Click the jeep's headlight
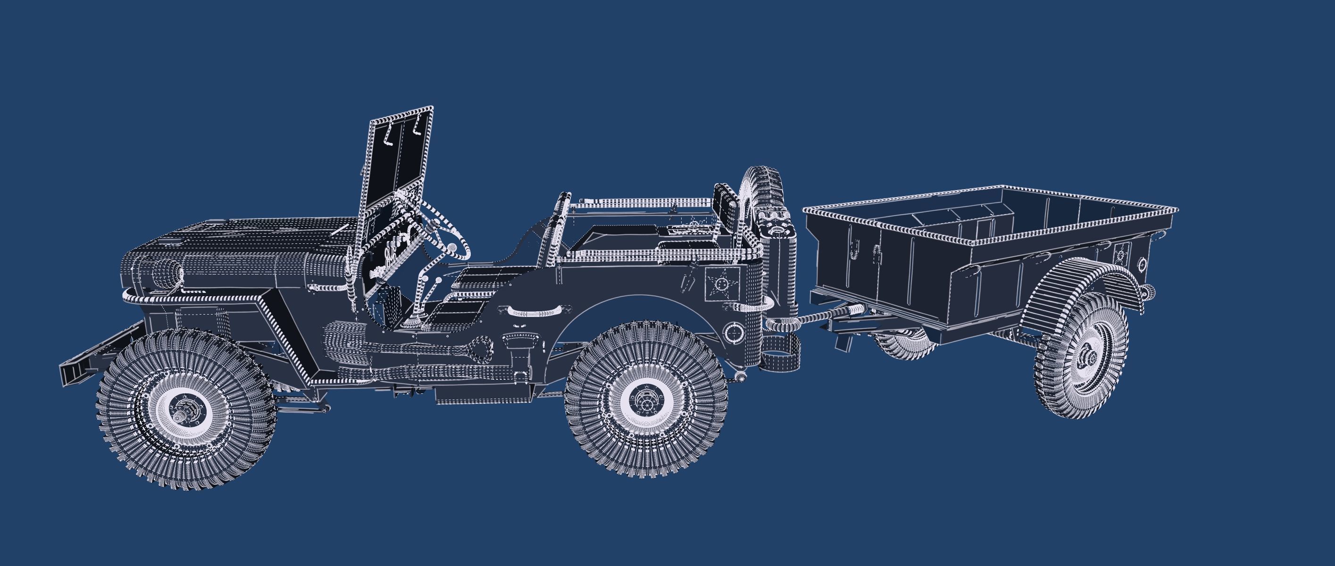(x=173, y=272)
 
